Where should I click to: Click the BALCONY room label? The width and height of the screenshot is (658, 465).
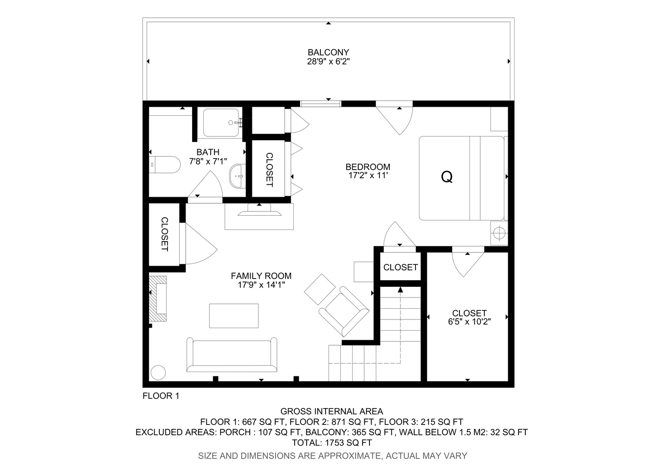tap(328, 52)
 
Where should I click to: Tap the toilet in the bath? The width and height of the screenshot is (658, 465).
tap(164, 164)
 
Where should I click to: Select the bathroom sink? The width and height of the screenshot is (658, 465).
tap(237, 176)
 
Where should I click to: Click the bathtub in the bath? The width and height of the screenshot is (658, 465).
tap(221, 122)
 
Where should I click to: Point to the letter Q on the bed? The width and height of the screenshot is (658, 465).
tap(447, 177)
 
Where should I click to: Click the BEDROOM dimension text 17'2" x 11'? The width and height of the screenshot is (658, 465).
tap(368, 176)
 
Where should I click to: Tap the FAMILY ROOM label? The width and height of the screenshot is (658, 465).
tap(261, 276)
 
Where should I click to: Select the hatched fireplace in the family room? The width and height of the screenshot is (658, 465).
tap(158, 298)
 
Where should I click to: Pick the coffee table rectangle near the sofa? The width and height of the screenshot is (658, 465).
tap(234, 316)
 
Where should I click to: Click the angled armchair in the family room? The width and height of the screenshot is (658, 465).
tap(344, 312)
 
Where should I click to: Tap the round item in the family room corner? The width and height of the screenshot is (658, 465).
tap(158, 372)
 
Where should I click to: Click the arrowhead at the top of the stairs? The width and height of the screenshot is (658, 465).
tap(400, 290)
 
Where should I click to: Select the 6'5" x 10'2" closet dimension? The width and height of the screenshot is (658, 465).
tap(469, 322)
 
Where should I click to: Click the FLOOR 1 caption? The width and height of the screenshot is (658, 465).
tap(161, 396)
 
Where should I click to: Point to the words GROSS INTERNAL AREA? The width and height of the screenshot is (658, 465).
tap(332, 411)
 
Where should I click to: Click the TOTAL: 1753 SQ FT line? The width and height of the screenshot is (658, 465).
tap(332, 443)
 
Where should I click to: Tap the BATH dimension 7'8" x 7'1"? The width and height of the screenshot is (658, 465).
tap(208, 161)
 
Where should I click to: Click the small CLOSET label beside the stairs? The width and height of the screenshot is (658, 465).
tap(400, 267)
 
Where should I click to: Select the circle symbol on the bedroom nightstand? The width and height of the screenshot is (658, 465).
tap(499, 233)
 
